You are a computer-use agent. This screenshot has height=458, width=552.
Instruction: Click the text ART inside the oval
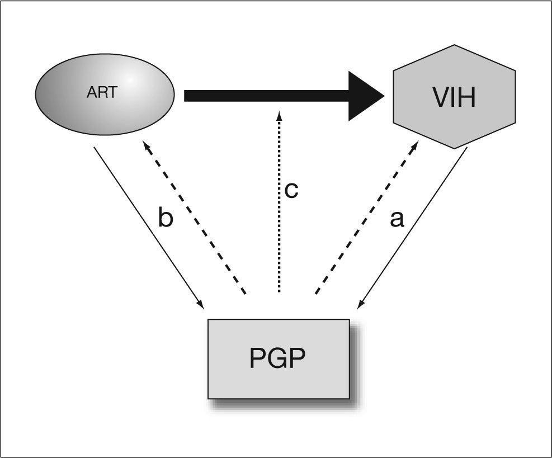click(102, 92)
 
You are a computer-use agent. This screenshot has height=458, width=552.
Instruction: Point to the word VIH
click(454, 97)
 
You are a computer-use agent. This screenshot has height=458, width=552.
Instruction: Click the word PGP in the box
click(278, 359)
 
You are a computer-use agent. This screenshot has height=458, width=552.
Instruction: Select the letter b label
click(166, 219)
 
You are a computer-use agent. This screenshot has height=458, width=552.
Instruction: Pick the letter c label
click(291, 190)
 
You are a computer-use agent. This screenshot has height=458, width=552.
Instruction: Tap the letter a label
click(397, 219)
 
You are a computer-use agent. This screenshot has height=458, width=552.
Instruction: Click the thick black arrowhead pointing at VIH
click(364, 96)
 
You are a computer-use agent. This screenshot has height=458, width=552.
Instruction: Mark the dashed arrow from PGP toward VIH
click(366, 218)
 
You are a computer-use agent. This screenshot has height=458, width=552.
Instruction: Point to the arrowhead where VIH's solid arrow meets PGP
click(361, 305)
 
